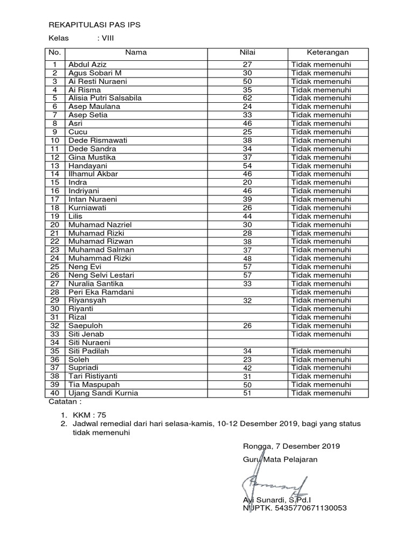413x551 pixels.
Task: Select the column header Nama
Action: pos(136,52)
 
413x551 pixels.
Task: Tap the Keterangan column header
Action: pos(327,52)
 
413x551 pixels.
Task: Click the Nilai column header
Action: pos(247,52)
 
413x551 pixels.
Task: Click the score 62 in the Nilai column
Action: pos(247,98)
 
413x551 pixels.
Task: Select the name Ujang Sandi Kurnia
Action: pos(103,393)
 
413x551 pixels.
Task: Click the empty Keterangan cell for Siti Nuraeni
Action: pos(327,342)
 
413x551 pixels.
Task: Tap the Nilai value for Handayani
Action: pos(247,166)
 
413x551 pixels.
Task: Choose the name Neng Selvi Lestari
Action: pos(101,275)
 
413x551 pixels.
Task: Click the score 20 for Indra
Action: pos(247,182)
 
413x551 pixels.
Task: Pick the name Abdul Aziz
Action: pos(88,65)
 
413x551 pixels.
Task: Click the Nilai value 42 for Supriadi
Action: pos(247,368)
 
